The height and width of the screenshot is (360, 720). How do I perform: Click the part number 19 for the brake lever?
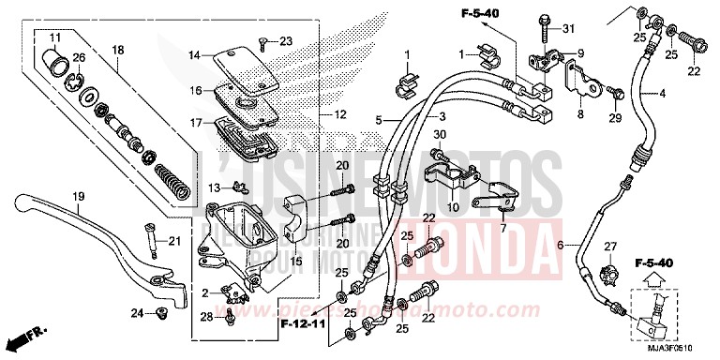80,196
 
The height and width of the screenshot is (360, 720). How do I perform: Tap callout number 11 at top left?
54,37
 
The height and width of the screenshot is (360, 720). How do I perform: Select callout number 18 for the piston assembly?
117,51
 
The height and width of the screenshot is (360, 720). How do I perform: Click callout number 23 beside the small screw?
286,39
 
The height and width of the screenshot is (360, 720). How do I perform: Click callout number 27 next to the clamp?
609,246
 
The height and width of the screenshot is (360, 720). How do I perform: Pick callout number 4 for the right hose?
661,93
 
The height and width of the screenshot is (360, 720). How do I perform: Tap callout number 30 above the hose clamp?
437,135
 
